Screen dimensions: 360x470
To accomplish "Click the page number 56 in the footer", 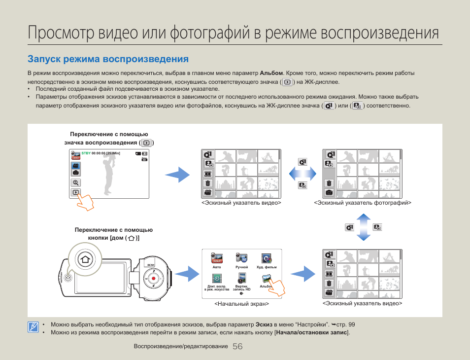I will coord(237,347).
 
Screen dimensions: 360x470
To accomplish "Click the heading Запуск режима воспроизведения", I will coord(108,59).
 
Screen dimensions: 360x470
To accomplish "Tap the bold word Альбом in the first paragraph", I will coord(271,73).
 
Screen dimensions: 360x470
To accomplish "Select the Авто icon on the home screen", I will coord(217,258).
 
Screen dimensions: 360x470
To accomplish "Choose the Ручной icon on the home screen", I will coord(241,258).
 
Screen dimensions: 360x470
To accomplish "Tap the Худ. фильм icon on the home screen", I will coord(267,258).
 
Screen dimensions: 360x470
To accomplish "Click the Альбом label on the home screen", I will coord(266,286).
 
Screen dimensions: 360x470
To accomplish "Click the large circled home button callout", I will coord(85,259).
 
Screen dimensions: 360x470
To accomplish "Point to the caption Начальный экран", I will coord(241,304).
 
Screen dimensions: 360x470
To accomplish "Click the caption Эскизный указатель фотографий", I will coord(363,203).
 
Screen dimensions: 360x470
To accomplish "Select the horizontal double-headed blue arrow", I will coord(302,174).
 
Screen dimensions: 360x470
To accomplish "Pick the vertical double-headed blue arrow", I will coord(363,227).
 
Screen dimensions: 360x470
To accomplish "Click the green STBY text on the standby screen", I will coord(86,153).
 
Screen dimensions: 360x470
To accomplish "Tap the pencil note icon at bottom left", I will coord(33,327).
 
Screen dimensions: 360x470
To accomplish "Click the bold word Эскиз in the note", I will coord(264,324).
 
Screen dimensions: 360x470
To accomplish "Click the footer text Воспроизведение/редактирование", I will coord(181,347).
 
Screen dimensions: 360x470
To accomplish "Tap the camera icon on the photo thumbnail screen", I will coord(329,192).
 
